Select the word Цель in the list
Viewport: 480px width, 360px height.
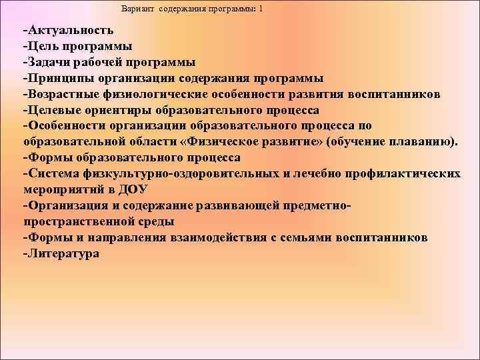[42, 47]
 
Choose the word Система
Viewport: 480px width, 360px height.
[54, 173]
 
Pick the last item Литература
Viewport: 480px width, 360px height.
[63, 253]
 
